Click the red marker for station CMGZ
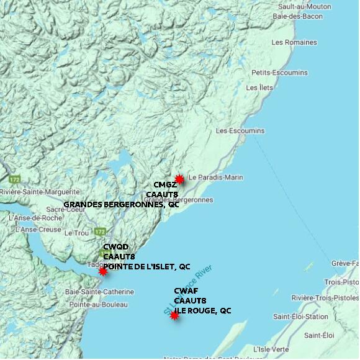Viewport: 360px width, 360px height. click(x=179, y=179)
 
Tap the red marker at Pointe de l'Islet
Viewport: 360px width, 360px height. click(x=103, y=271)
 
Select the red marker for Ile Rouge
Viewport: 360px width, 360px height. click(x=174, y=315)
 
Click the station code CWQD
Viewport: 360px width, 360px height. click(x=116, y=247)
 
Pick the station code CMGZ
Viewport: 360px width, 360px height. click(x=166, y=185)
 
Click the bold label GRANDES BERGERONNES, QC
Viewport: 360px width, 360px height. click(x=122, y=204)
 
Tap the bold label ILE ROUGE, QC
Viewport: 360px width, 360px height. click(x=202, y=310)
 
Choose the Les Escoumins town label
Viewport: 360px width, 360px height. click(x=240, y=131)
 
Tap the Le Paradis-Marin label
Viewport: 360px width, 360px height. click(x=215, y=178)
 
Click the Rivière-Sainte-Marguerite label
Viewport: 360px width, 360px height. click(x=40, y=192)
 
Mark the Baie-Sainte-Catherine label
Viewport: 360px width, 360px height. click(x=99, y=292)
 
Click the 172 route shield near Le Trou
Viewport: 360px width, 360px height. click(x=100, y=232)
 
